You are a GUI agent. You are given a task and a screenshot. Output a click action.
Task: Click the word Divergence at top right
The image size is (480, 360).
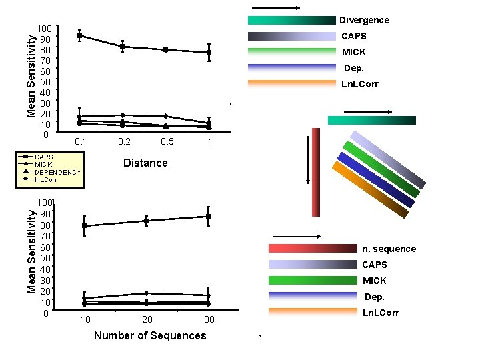point(364,20)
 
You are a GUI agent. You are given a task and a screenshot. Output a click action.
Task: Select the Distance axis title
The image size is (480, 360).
point(145,163)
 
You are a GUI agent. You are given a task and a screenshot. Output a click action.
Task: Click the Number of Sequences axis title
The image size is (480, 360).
point(150,335)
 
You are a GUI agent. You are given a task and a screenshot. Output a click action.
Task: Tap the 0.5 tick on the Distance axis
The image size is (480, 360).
point(167,142)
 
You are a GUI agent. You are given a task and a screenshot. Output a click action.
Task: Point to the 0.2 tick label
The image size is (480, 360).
point(124,142)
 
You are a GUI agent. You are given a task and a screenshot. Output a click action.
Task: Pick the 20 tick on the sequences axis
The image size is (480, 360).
point(147,320)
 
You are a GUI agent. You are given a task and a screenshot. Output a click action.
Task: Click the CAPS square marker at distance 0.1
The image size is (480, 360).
point(79,35)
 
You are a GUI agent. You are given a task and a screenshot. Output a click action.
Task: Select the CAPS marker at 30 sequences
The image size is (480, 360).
point(209,217)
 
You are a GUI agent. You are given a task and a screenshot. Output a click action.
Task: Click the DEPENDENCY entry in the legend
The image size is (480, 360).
point(57,172)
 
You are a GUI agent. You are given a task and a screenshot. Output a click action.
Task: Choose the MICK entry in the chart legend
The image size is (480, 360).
point(43,165)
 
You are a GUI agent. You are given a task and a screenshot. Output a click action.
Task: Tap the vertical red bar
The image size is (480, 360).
point(316,172)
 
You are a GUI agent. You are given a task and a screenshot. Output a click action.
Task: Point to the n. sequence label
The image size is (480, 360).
point(389,249)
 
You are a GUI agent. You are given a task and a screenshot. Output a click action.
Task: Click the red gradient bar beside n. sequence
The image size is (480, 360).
point(313,249)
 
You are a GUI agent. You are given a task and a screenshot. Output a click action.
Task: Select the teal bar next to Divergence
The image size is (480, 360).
point(291,20)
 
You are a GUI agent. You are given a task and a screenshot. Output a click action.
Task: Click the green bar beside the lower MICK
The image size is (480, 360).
point(313,281)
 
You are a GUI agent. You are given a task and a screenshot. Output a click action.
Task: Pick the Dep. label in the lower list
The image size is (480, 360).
point(374,297)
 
